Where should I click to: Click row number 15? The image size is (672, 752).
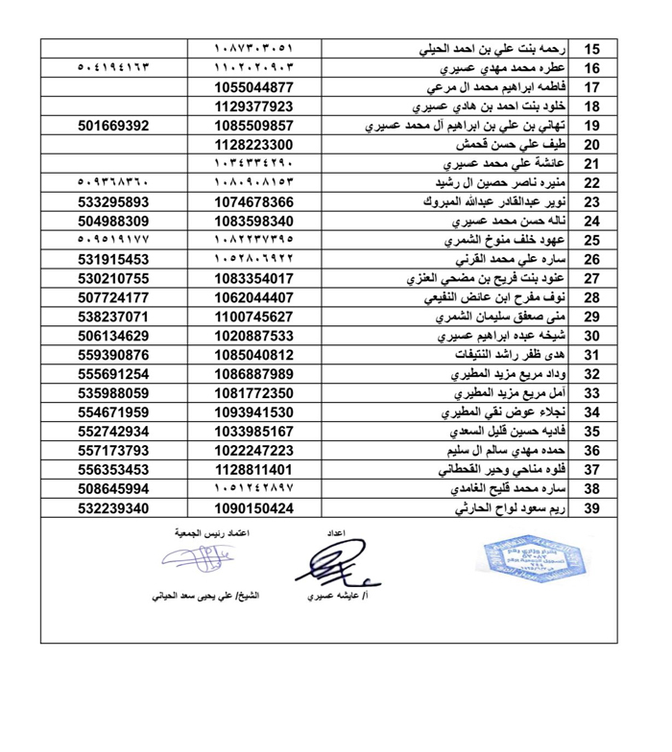click(x=592, y=49)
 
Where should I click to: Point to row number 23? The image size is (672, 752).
click(x=592, y=201)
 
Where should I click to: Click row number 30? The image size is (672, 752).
click(x=592, y=336)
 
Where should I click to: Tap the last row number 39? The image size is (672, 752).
click(x=592, y=508)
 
